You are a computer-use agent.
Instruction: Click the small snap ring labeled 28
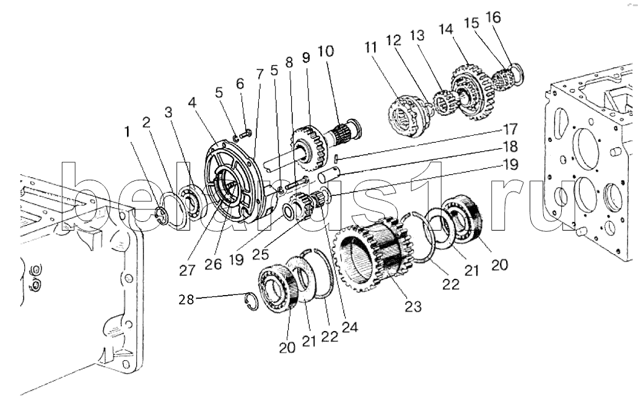tap(255, 302)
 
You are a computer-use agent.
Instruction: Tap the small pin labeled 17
tap(335, 161)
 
